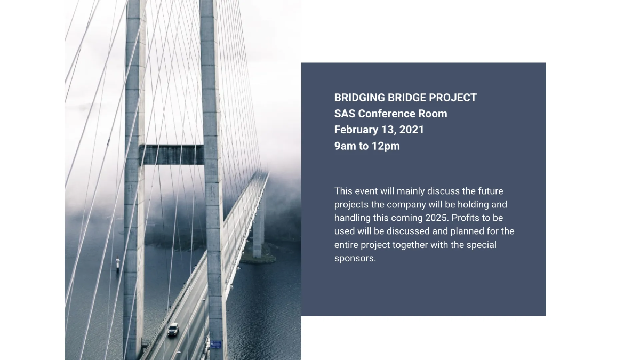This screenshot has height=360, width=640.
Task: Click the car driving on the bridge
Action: tap(173, 330)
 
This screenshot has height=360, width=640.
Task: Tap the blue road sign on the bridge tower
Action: tap(216, 344)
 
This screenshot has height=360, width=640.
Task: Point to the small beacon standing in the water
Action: tap(118, 263)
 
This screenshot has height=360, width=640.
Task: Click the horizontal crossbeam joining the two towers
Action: tap(172, 155)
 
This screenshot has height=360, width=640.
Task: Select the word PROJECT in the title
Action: tap(454, 98)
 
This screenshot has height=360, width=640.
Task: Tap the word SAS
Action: tap(345, 114)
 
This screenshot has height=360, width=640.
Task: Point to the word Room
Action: tap(433, 114)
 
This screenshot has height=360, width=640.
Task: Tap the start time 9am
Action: tap(345, 146)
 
